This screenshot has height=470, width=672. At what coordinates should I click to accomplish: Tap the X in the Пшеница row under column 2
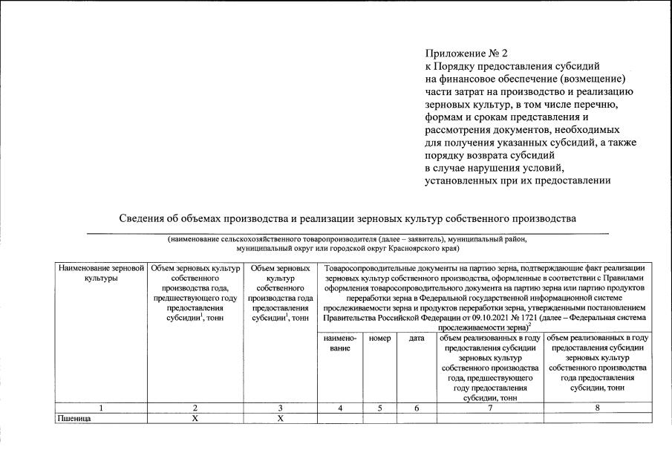pyautogui.click(x=195, y=418)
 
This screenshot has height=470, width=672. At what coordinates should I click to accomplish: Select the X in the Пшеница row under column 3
pyautogui.click(x=280, y=418)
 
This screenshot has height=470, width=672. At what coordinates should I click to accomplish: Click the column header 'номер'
pyautogui.click(x=379, y=338)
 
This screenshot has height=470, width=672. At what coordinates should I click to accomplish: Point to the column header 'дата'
pyautogui.click(x=417, y=338)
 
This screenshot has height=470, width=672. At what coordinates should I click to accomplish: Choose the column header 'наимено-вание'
pyautogui.click(x=340, y=342)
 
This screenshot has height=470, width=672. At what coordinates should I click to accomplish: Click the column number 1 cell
pyautogui.click(x=101, y=408)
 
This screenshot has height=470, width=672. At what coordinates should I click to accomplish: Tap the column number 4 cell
pyautogui.click(x=340, y=408)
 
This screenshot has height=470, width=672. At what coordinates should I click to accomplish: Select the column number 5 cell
pyautogui.click(x=379, y=408)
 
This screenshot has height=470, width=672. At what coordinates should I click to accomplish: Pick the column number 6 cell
pyautogui.click(x=417, y=408)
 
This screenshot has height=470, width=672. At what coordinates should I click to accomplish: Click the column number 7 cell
pyautogui.click(x=489, y=408)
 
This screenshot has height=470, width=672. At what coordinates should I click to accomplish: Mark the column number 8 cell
pyautogui.click(x=598, y=408)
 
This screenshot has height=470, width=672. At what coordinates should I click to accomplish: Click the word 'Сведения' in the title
pyautogui.click(x=143, y=219)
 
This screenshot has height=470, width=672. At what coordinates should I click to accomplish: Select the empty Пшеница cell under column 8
pyautogui.click(x=598, y=418)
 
